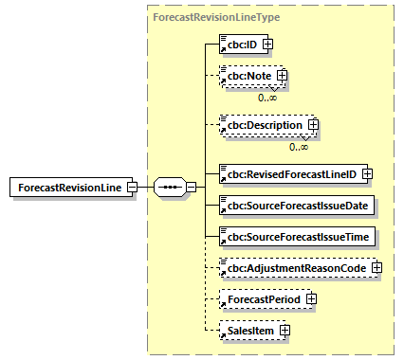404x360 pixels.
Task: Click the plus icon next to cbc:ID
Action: pyautogui.click(x=268, y=44)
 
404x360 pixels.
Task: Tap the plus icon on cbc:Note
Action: pyautogui.click(x=282, y=76)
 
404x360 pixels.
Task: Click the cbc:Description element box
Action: pyautogui.click(x=262, y=125)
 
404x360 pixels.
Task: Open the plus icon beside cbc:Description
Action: pyautogui.click(x=313, y=125)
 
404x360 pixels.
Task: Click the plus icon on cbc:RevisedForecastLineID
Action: pyautogui.click(x=366, y=173)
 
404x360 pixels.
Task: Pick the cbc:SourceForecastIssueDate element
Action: pyautogui.click(x=297, y=205)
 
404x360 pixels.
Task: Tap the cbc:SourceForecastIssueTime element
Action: pyautogui.click(x=297, y=236)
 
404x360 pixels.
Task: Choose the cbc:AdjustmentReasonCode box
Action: pyautogui.click(x=293, y=268)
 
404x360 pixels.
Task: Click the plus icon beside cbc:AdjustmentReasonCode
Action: pyautogui.click(x=376, y=268)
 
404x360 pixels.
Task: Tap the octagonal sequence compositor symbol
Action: pyautogui.click(x=170, y=187)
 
